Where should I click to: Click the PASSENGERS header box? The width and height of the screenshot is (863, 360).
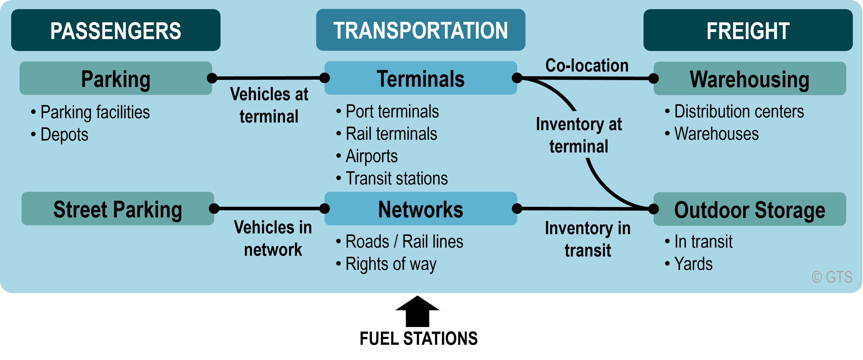click(115, 30)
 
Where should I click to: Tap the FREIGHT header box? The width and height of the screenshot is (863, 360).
click(748, 30)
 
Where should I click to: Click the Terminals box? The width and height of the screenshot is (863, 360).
click(421, 78)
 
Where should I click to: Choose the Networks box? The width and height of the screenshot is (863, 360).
click(421, 209)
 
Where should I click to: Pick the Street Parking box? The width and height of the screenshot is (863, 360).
click(117, 209)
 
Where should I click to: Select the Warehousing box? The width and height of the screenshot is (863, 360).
click(750, 78)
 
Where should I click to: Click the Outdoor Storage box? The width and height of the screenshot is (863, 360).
click(750, 209)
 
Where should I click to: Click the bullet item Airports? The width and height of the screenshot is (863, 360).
click(367, 156)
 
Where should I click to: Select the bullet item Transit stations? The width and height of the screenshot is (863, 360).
click(392, 178)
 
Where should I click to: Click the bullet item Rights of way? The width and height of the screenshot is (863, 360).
click(386, 264)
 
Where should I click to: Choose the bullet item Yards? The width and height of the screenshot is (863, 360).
click(689, 264)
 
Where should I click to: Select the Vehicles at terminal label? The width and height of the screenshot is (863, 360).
click(269, 105)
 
